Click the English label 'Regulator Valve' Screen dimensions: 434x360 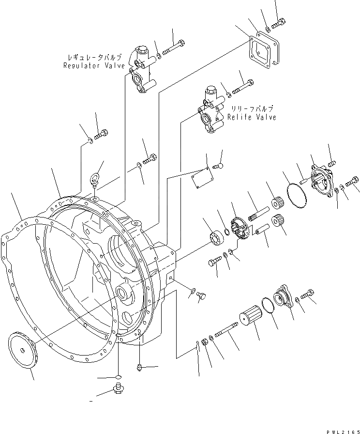[x=94, y=66]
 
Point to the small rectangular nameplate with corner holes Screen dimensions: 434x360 [x=200, y=179]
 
